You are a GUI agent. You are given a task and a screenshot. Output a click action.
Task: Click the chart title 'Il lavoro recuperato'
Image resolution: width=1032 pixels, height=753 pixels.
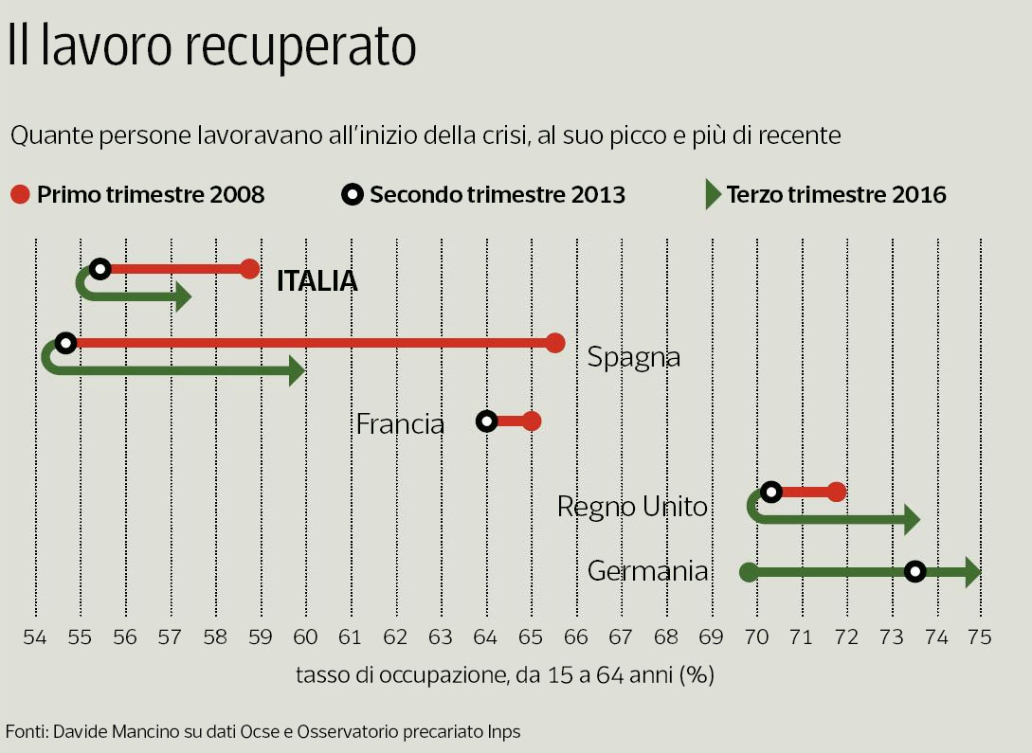211,47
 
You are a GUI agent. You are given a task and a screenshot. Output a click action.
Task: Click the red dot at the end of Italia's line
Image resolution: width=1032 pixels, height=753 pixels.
249,269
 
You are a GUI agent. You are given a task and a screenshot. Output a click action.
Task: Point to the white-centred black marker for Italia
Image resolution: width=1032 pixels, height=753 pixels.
100,269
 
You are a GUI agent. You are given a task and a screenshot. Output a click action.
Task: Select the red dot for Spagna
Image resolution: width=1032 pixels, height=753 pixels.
555,343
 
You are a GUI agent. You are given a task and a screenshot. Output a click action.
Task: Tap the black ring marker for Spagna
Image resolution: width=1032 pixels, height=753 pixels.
65,343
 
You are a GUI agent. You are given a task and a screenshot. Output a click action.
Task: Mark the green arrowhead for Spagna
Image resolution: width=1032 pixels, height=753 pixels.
296,372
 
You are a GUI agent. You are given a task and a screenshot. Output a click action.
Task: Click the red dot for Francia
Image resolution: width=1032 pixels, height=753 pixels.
532,421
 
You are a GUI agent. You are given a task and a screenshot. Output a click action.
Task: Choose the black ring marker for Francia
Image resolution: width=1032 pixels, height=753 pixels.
486,421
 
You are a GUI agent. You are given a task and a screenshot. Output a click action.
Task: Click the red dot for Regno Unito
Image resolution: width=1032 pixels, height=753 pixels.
836,492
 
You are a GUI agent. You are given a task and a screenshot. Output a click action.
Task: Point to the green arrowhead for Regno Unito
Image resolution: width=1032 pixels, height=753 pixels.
912,519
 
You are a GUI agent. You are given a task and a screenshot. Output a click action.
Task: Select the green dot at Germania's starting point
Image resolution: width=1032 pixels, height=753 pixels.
748,571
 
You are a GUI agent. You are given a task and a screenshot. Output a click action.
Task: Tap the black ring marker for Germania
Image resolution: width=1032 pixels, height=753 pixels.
914,571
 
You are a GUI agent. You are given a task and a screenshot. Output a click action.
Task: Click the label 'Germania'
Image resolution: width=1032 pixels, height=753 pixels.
647,571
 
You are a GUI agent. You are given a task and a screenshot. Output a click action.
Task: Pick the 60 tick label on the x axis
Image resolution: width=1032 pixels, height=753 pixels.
305,637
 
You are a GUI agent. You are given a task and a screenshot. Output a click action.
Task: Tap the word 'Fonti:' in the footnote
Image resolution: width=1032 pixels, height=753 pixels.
27,731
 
